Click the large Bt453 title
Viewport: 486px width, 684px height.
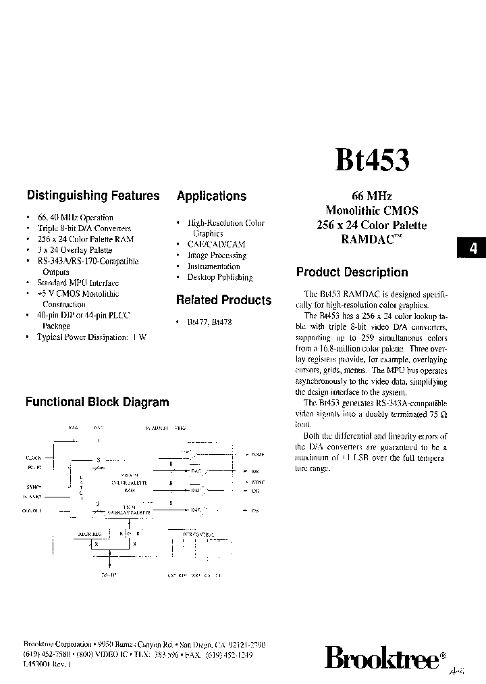pos(371,162)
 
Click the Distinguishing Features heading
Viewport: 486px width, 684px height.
pos(93,196)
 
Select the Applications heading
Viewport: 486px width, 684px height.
pos(211,197)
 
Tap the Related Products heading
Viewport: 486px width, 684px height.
pos(223,300)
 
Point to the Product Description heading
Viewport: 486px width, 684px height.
pos(352,272)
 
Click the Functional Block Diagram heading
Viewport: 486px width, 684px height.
pos(97,402)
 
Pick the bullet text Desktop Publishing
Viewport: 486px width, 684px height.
pos(219,277)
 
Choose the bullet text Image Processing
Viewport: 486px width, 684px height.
pos(216,255)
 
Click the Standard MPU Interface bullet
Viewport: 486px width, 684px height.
pos(78,283)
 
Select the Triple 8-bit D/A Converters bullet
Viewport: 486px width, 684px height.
pos(84,228)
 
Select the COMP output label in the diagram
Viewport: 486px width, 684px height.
pos(257,456)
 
